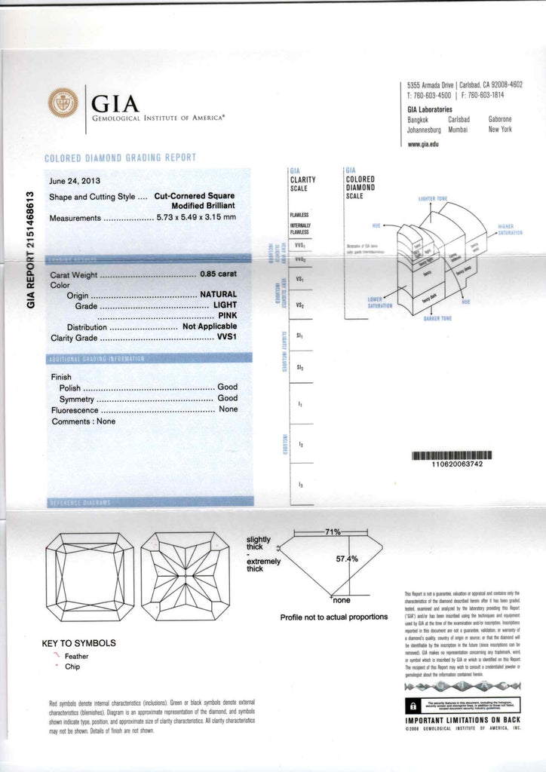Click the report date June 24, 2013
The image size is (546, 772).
(75, 181)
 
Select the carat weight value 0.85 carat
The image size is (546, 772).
(218, 275)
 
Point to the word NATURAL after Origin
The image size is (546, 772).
(218, 295)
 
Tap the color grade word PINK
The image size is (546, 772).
(227, 316)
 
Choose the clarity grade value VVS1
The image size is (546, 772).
(226, 338)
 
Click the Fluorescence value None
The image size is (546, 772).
(228, 409)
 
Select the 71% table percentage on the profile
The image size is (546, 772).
(333, 532)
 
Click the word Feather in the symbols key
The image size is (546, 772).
(77, 656)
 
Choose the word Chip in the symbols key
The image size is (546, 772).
(72, 666)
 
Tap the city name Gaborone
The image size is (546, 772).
(500, 119)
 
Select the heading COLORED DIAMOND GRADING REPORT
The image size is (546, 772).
(121, 158)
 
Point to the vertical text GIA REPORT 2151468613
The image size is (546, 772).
(31, 248)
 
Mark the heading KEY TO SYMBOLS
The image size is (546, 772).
(79, 643)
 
